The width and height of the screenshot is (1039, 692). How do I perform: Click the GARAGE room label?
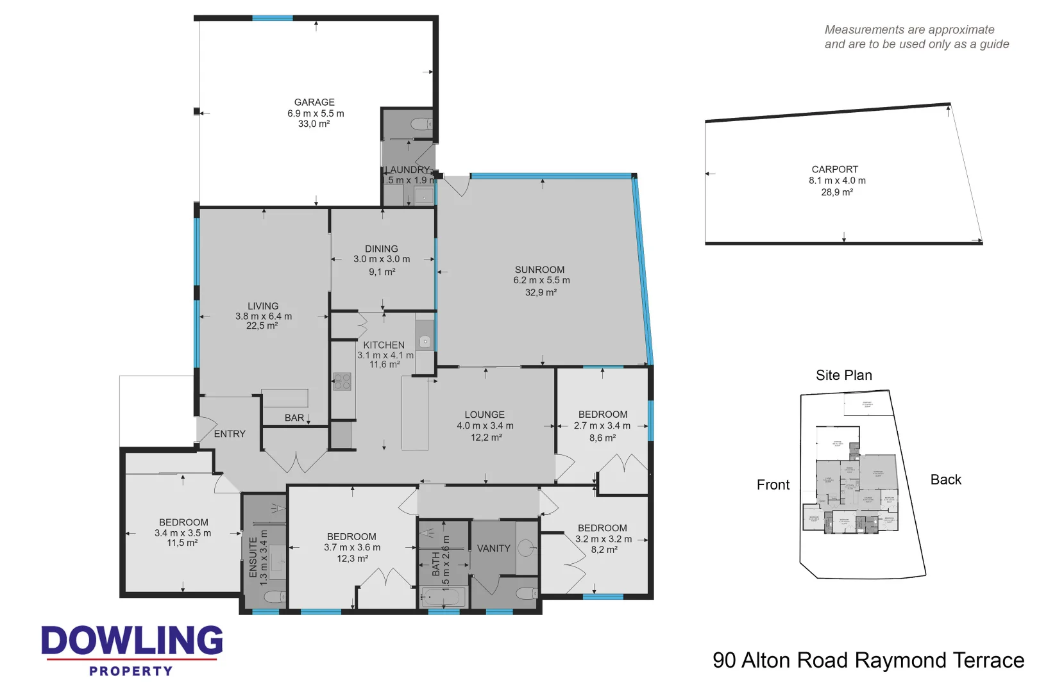(x=314, y=103)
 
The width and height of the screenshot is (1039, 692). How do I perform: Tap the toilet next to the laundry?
(x=421, y=124)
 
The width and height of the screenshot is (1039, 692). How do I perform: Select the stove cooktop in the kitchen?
(x=342, y=382)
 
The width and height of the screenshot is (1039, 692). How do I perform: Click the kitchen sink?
(x=425, y=342)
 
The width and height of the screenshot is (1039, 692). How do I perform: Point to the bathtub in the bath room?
(x=443, y=598)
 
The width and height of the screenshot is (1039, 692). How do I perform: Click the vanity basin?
(x=526, y=548)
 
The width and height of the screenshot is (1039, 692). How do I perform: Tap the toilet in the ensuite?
(x=276, y=597)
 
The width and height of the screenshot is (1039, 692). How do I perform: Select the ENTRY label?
(x=230, y=434)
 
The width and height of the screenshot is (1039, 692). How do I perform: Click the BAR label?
(x=294, y=418)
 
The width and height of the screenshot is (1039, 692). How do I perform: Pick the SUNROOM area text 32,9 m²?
(x=541, y=292)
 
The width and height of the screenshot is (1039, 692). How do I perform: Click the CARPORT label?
(x=834, y=169)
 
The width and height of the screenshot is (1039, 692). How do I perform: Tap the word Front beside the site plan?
(x=773, y=485)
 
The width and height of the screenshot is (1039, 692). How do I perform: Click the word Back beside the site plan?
(x=945, y=480)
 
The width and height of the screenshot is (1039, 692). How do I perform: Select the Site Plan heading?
(x=843, y=375)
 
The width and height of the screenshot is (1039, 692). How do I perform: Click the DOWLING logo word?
(x=132, y=641)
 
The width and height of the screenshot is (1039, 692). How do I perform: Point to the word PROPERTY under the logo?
(x=131, y=671)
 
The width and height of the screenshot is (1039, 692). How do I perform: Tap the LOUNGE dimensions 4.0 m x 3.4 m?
(x=485, y=426)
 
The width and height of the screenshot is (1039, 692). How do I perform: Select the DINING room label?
(x=381, y=249)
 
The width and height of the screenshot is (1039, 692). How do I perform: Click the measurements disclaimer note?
(x=916, y=37)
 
